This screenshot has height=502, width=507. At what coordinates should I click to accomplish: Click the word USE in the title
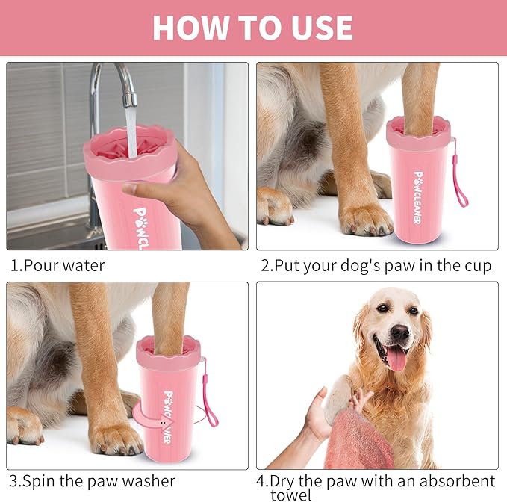[319, 28]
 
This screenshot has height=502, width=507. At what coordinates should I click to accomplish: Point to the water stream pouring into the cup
[130, 127]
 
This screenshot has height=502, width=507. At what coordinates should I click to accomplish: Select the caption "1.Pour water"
[57, 265]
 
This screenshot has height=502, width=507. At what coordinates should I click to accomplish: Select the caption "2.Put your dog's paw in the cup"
[376, 265]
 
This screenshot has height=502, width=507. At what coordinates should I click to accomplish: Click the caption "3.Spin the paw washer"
[93, 481]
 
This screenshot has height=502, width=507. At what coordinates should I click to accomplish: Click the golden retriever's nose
[399, 332]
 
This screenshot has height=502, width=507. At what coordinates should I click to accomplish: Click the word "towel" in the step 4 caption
[290, 495]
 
